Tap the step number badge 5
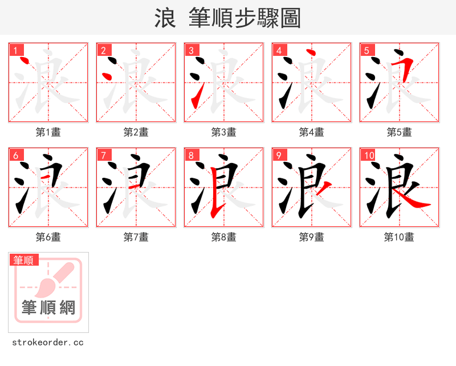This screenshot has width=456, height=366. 367,50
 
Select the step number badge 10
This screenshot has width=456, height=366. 368,155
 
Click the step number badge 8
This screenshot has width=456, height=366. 191,155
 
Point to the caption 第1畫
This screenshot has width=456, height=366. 48,132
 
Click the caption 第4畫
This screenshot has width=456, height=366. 312,132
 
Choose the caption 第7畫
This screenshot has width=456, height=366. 136,237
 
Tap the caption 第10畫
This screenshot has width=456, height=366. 399,237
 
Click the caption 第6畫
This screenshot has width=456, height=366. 48,237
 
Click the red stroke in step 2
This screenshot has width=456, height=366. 105,76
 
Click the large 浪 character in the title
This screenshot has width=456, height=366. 165,18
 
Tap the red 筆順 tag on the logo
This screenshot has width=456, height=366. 24,260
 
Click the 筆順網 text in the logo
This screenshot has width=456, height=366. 48,307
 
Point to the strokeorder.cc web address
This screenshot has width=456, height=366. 48,343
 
